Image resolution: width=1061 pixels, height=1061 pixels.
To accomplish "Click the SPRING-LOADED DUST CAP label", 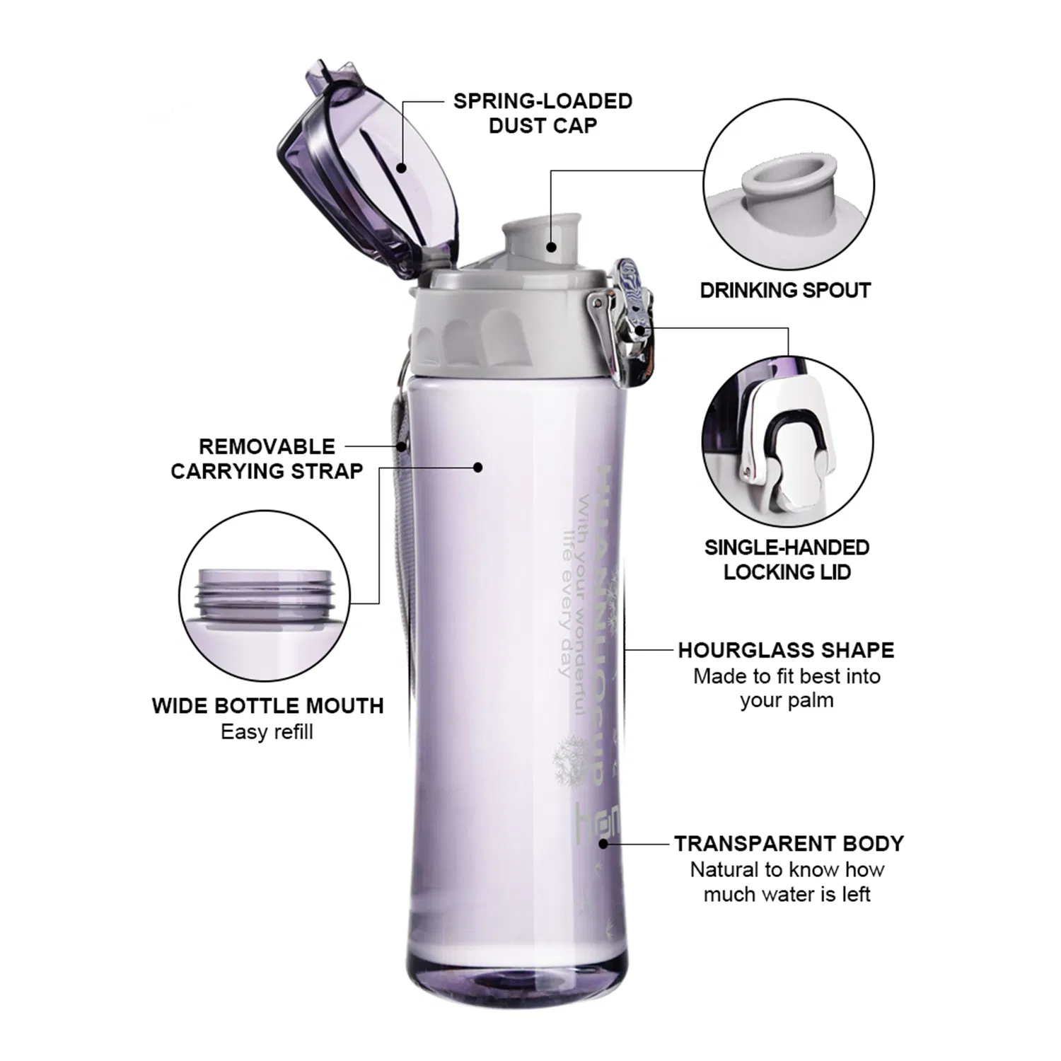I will (x=543, y=113).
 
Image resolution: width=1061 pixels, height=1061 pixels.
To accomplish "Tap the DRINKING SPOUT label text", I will (x=785, y=290).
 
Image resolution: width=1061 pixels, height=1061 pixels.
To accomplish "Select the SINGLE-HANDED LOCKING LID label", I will (x=787, y=560).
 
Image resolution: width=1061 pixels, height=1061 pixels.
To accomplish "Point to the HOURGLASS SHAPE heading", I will (x=786, y=650).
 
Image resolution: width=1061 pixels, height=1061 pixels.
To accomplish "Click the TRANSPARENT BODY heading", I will (x=789, y=844).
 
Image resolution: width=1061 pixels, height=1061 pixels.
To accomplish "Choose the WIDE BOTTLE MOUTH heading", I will (x=267, y=706).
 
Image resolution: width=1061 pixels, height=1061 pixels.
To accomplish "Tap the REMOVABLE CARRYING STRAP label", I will (x=267, y=459).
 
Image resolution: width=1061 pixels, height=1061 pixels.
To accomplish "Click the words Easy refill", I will (x=267, y=732).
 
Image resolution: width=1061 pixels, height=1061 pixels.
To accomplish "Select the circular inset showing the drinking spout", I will (x=789, y=185).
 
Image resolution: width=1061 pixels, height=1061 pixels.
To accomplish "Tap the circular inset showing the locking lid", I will (x=787, y=442).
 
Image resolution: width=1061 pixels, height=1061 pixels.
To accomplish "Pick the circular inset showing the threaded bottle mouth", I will (x=264, y=596).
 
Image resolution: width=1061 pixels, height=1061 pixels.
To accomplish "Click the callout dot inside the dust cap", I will (x=401, y=168).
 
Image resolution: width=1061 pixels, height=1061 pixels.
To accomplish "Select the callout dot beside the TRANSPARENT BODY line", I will (x=603, y=844).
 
